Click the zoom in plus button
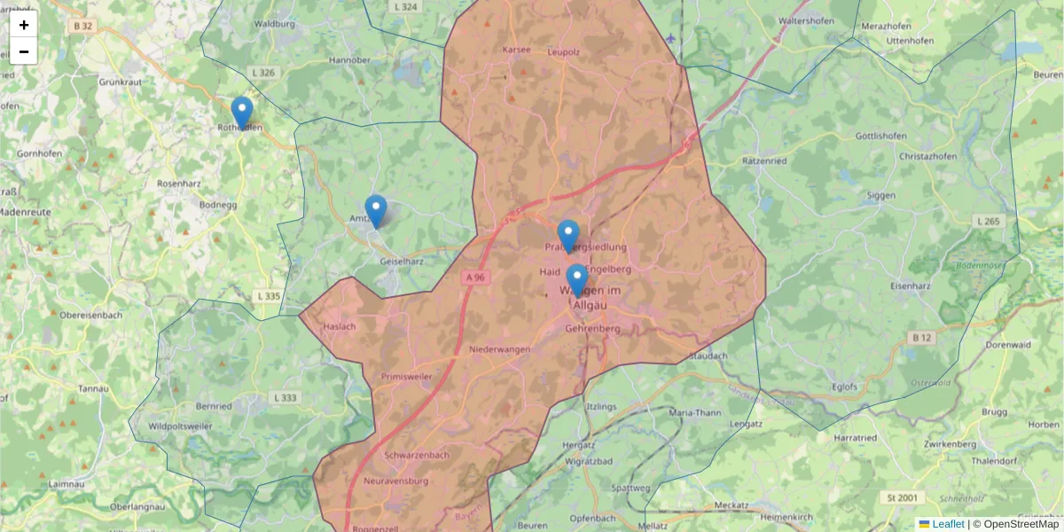[24, 25]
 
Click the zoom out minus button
[24, 51]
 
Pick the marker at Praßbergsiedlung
[568, 236]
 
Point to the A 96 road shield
[476, 278]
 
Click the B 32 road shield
[83, 27]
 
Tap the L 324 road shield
[404, 6]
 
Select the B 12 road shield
[922, 337]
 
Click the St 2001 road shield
[903, 498]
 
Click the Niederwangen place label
[500, 349]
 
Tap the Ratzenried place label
[764, 161]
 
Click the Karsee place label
[516, 50]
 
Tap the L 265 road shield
[987, 221]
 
